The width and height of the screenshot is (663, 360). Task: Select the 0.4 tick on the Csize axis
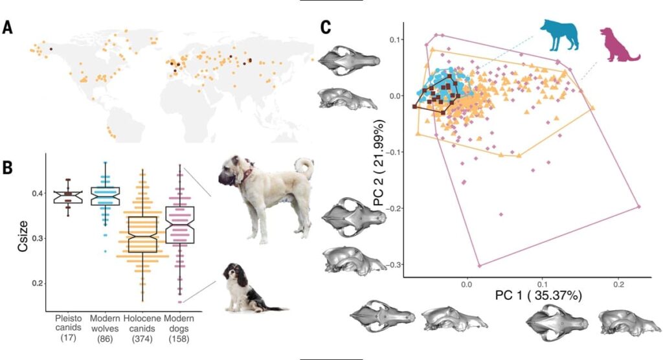tap(36, 194)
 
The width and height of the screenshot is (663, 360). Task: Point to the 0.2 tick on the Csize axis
tap(36, 284)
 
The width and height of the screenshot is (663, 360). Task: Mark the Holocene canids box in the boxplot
tap(142, 234)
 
